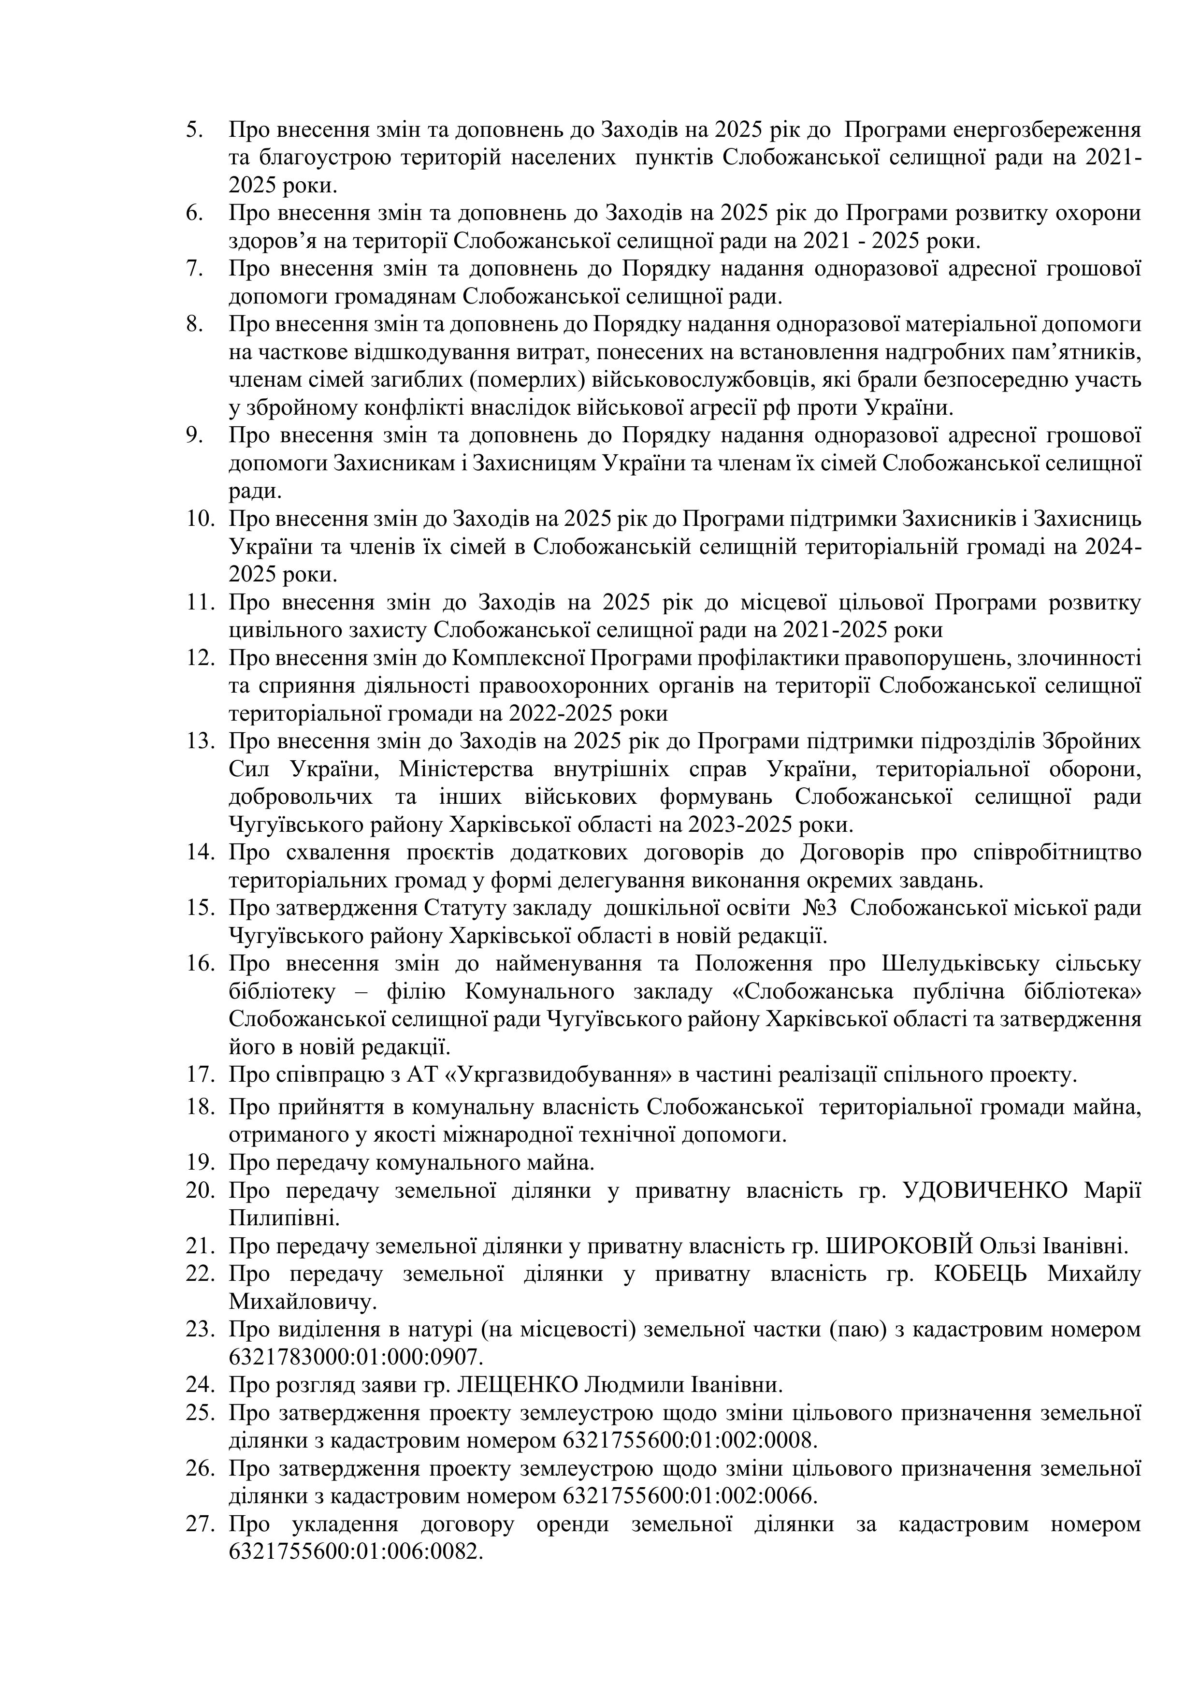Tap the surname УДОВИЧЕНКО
986,1191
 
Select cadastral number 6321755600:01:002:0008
690,1440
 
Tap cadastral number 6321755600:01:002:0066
690,1496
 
